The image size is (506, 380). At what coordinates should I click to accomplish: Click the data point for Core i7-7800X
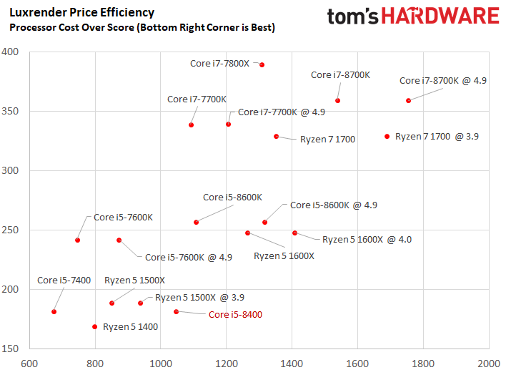(x=262, y=65)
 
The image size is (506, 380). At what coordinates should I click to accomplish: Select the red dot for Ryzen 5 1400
(x=94, y=326)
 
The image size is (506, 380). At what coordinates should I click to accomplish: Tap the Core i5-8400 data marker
(x=177, y=312)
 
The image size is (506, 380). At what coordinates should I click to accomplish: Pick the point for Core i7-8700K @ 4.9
(x=408, y=101)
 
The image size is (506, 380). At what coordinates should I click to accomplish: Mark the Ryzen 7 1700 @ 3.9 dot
(x=387, y=137)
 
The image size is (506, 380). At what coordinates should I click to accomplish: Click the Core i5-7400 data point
(x=54, y=312)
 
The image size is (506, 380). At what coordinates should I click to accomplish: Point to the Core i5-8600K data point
(x=197, y=223)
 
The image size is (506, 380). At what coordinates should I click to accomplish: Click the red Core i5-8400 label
(x=235, y=314)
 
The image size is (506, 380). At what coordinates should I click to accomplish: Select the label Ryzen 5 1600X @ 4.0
(x=367, y=240)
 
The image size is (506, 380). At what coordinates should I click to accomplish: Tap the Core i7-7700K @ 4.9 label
(x=282, y=112)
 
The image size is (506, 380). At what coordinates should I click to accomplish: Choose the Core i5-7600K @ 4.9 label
(x=189, y=257)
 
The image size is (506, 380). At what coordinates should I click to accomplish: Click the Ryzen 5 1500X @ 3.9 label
(x=199, y=297)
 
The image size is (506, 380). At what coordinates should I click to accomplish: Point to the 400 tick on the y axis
(x=10, y=52)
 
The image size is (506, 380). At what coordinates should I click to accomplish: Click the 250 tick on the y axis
(x=10, y=230)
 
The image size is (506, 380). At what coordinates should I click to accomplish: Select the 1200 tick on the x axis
(x=227, y=364)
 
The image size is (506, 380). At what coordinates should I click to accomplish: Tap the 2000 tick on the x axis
(x=489, y=364)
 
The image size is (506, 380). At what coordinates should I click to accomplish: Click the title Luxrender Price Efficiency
(x=82, y=12)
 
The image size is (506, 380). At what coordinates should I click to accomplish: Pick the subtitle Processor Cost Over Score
(x=71, y=27)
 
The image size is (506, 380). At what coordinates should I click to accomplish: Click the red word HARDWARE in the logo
(x=440, y=16)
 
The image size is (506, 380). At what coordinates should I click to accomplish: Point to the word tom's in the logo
(x=353, y=16)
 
